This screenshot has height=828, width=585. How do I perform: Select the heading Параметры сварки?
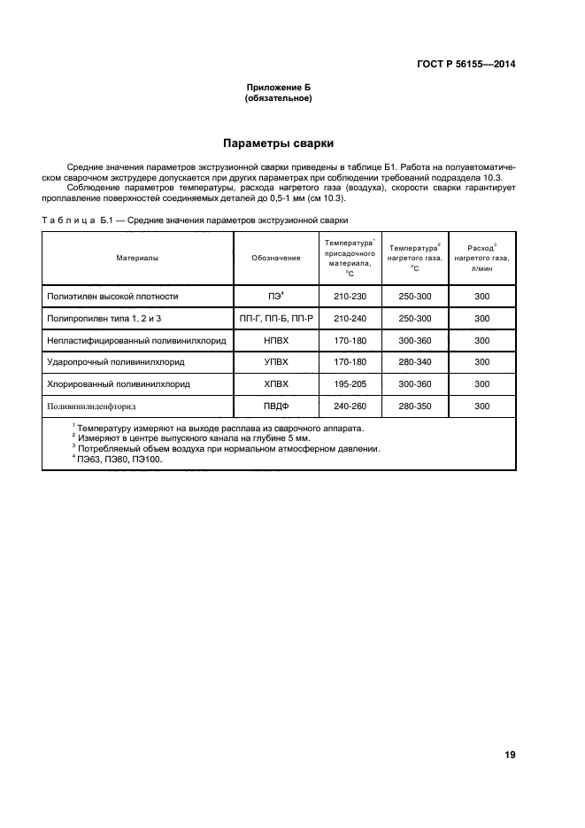(277, 143)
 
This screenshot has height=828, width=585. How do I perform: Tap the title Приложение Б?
(277, 88)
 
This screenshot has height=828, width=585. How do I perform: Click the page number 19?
(509, 754)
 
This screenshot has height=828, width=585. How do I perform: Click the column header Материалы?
(137, 258)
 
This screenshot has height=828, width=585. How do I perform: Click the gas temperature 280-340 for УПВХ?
(414, 361)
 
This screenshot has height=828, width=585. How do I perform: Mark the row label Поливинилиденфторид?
(99, 406)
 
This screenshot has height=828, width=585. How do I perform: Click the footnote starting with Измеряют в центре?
(191, 437)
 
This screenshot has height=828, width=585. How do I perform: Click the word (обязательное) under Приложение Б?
(277, 98)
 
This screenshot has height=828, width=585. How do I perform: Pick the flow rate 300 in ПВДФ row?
(481, 406)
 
